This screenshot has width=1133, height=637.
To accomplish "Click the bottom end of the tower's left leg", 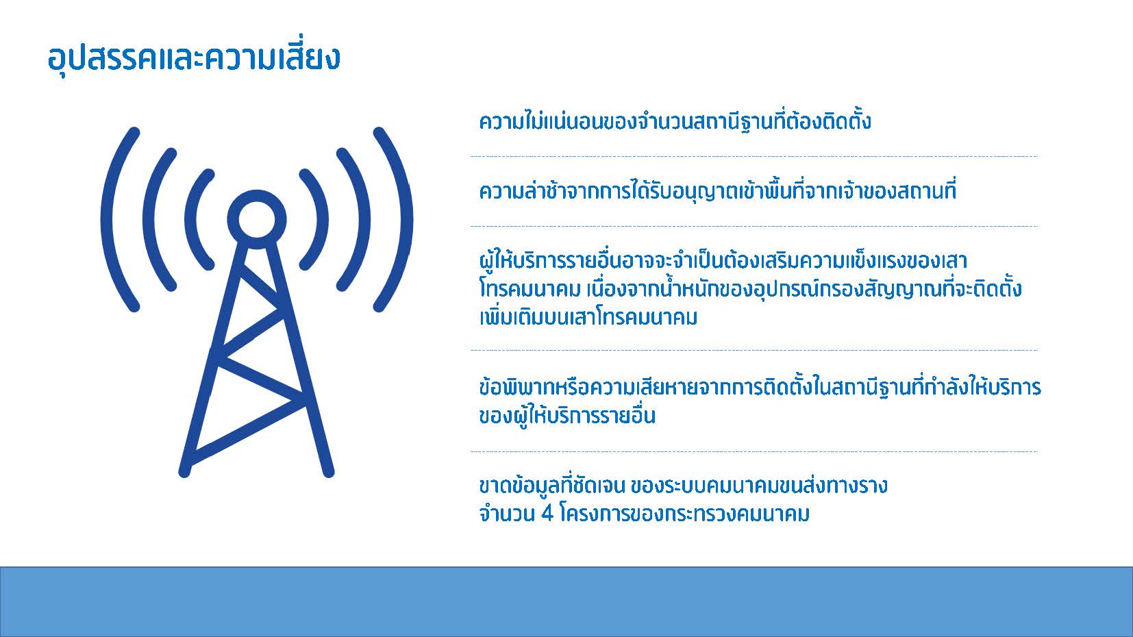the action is (x=185, y=471).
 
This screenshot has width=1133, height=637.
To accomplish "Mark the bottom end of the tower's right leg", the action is (x=328, y=471).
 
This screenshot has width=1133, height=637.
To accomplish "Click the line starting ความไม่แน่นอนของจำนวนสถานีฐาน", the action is (x=675, y=121).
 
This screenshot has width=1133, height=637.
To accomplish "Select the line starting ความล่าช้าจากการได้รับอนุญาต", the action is (x=718, y=191).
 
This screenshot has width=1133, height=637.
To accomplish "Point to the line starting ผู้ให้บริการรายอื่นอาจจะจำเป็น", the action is (x=723, y=261).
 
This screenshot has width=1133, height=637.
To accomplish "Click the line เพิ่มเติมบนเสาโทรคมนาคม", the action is (x=588, y=318).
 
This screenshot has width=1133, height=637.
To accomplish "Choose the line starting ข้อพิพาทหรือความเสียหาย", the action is (x=760, y=388).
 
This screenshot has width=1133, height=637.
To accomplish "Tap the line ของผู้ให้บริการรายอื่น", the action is (x=567, y=416).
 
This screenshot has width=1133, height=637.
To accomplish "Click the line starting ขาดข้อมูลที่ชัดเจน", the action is (x=684, y=486).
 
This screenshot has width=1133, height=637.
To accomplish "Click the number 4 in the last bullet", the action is (x=547, y=514).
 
